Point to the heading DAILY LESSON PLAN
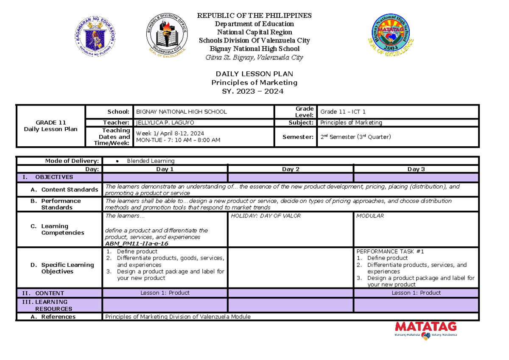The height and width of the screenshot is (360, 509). tap(254, 74)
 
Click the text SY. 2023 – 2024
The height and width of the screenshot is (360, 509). tap(254, 91)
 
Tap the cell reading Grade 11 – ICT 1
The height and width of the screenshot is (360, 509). tap(343, 112)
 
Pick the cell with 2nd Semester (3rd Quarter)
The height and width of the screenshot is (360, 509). tap(355, 137)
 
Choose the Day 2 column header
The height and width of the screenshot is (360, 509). tap(291, 169)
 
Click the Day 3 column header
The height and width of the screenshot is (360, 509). tap(416, 169)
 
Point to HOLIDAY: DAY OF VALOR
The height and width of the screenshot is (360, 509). tap(266, 216)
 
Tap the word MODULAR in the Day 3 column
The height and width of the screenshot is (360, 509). tap(370, 216)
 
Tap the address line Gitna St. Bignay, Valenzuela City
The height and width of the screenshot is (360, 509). tap(254, 57)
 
